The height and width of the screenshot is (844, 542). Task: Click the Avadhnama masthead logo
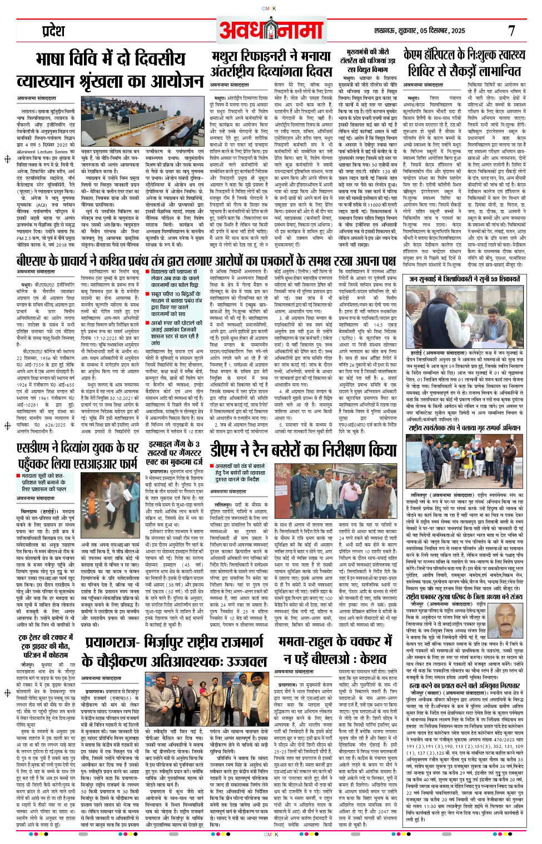(271, 29)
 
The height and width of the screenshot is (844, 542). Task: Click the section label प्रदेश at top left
(54, 29)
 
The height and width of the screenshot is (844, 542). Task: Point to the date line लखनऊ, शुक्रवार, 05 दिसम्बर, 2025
(420, 31)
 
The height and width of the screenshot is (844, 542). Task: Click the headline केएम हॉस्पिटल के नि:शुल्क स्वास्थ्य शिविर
(464, 63)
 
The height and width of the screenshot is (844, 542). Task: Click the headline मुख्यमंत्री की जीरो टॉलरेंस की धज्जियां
(367, 60)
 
